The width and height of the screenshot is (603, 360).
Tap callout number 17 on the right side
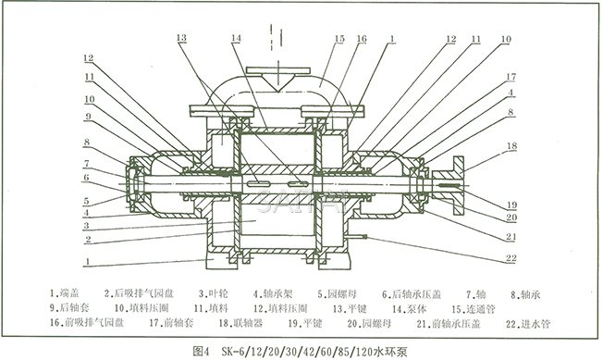tap(510, 77)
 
